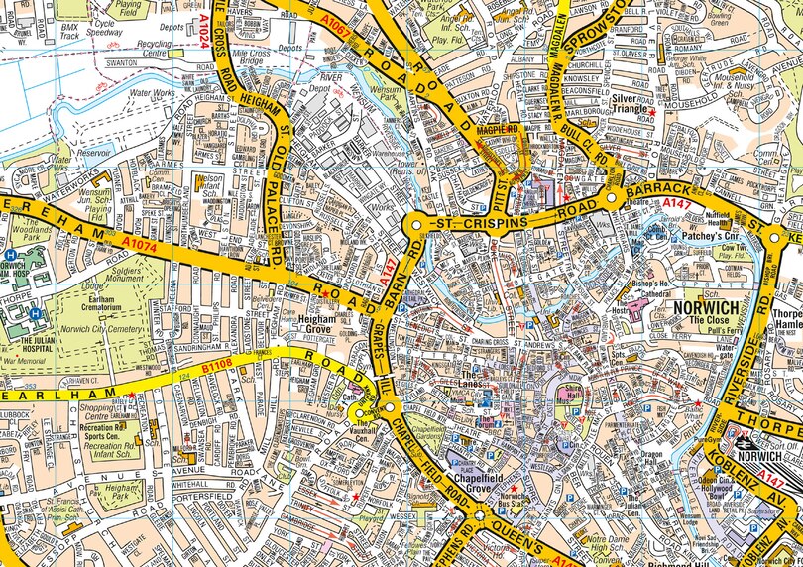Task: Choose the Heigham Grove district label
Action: coord(323,324)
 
